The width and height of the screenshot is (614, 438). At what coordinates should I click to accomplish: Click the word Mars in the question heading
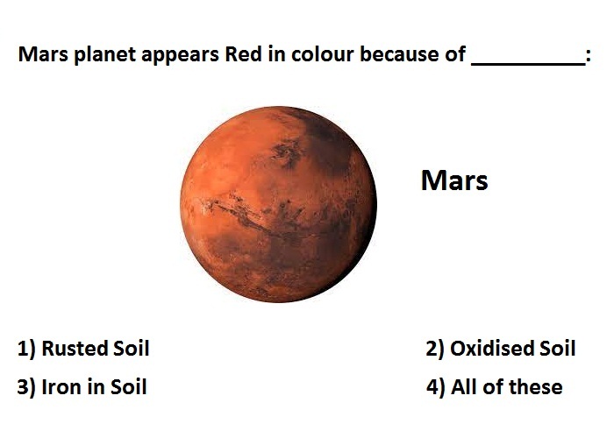click(x=43, y=54)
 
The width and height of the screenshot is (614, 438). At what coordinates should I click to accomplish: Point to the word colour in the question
click(x=322, y=54)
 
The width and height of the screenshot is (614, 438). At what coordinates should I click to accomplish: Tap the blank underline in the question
click(x=528, y=64)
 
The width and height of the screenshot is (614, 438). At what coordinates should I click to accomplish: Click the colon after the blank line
click(x=589, y=57)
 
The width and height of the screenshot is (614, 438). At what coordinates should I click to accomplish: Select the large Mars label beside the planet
click(x=454, y=180)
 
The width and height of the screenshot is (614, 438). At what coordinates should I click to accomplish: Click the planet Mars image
click(x=278, y=204)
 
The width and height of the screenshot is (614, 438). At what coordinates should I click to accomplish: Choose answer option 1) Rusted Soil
click(x=83, y=348)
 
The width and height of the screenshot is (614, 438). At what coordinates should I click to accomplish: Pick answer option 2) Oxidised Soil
click(x=501, y=348)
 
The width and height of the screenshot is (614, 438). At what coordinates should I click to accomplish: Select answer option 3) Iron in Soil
click(x=82, y=387)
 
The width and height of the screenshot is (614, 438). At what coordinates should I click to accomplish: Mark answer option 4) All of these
click(x=494, y=387)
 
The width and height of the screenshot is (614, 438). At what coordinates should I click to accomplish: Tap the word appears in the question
click(x=180, y=55)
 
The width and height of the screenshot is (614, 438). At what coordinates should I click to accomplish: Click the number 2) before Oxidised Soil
click(x=435, y=349)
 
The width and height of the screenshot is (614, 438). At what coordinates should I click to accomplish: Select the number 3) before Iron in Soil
click(x=26, y=387)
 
